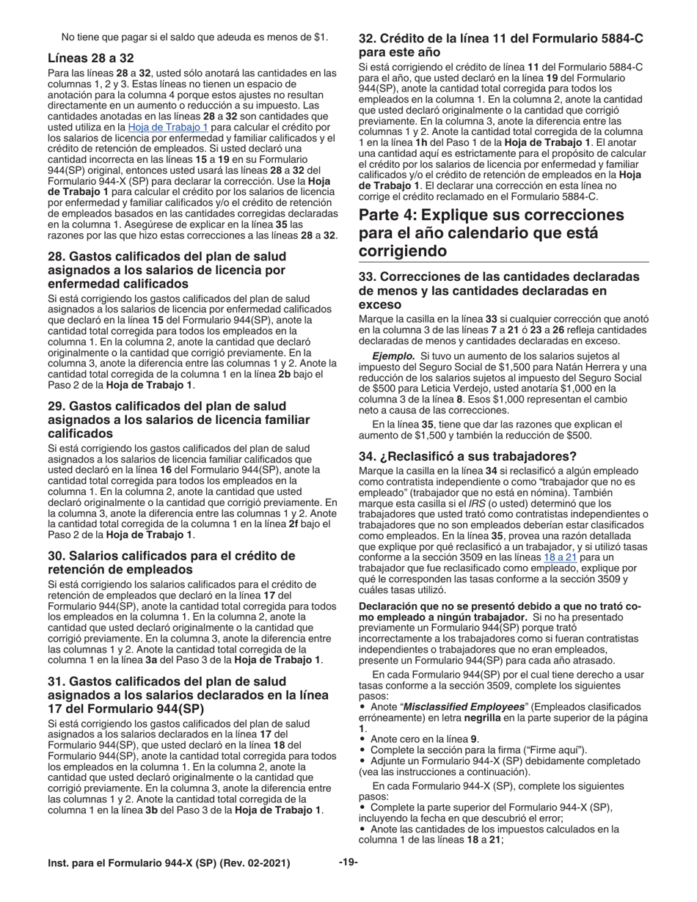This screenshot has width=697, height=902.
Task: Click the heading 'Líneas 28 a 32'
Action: pyautogui.click(x=90, y=58)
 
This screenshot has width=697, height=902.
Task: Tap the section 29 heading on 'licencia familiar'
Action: pyautogui.click(x=178, y=419)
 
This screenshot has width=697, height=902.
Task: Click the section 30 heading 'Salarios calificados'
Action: pyautogui.click(x=171, y=562)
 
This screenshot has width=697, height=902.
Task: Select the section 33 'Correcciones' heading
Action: pyautogui.click(x=499, y=290)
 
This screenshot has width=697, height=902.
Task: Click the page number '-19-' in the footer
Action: pyautogui.click(x=348, y=862)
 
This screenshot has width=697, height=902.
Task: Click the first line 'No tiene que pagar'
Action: pyautogui.click(x=194, y=37)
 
